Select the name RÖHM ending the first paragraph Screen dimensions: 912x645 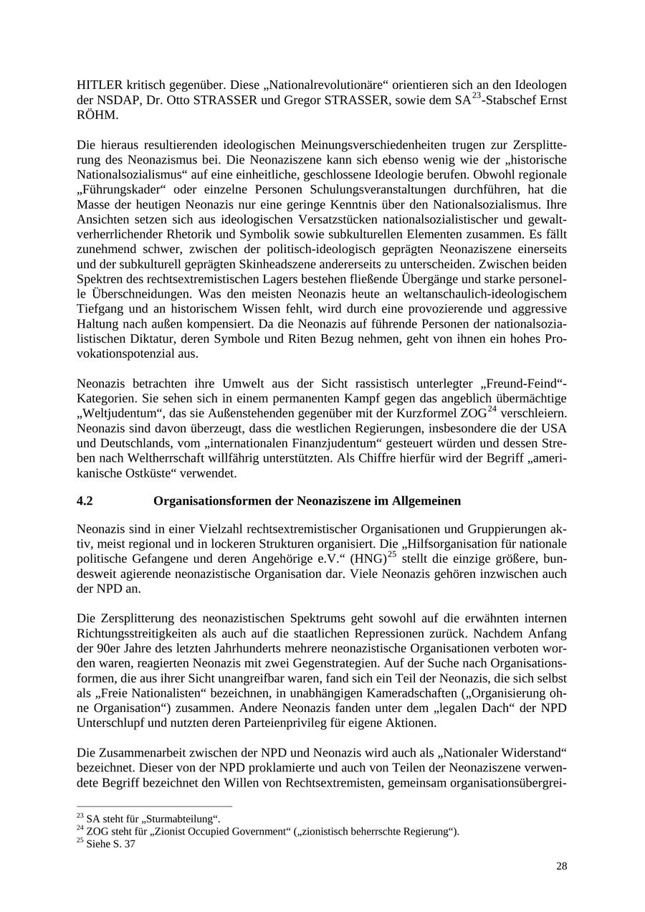[97, 115]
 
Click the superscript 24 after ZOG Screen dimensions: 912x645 [492, 409]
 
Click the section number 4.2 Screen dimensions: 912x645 [85, 501]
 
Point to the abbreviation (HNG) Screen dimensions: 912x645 [368, 558]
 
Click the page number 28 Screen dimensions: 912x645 [561, 866]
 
